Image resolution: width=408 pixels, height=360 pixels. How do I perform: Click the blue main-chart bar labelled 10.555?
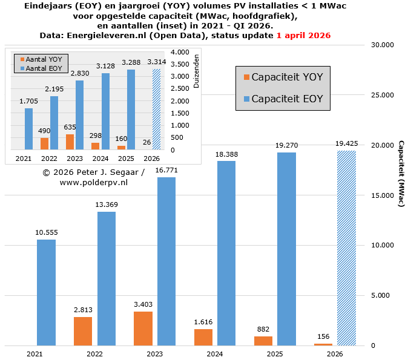(x=46, y=292)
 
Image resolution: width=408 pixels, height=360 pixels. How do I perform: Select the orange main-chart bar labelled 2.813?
(x=83, y=331)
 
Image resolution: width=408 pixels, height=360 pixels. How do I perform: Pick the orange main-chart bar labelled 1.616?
(x=203, y=337)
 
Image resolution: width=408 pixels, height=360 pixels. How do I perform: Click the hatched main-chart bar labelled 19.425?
(x=346, y=248)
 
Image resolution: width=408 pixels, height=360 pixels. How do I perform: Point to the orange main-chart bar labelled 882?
(x=263, y=341)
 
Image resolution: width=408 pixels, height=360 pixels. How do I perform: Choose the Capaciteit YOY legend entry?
(x=282, y=77)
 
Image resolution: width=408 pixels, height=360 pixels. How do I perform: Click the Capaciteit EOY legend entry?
(x=282, y=99)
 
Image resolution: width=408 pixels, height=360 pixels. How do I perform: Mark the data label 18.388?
(x=226, y=155)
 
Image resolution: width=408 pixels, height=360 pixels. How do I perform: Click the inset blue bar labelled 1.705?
(x=29, y=129)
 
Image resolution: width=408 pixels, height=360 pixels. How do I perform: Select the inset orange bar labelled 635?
(x=70, y=142)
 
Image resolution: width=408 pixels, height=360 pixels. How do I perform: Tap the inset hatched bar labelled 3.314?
(x=157, y=109)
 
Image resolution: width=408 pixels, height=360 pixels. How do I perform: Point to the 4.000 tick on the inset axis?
(x=180, y=53)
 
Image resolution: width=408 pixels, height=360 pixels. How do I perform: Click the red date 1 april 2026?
(x=303, y=36)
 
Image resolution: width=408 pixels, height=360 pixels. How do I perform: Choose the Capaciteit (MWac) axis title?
(x=401, y=174)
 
